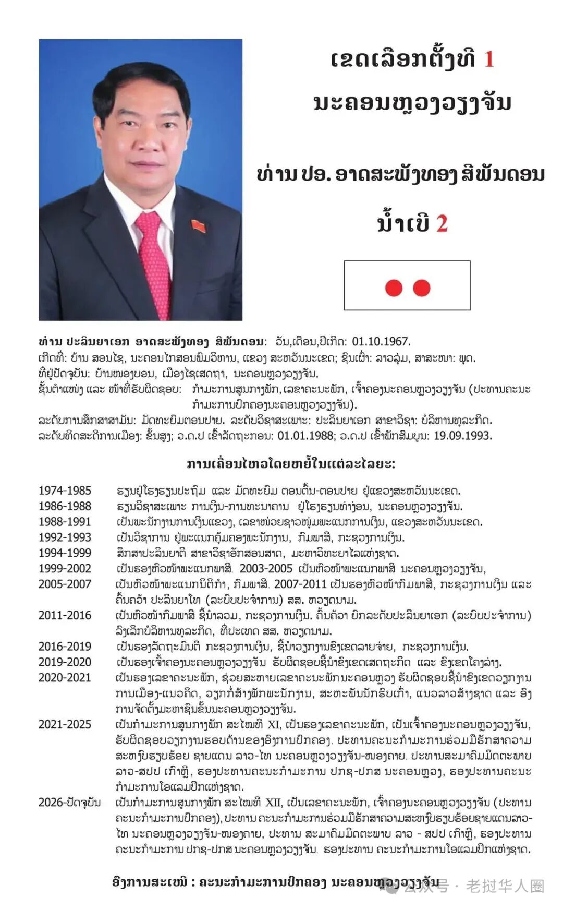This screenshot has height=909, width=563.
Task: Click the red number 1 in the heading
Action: click(488, 59)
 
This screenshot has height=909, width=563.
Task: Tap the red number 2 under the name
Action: click(442, 223)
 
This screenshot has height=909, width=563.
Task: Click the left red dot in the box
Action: click(394, 288)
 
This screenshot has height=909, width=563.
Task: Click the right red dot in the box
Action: click(421, 288)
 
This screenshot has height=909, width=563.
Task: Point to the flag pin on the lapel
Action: click(198, 225)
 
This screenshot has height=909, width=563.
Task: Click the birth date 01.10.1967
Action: click(381, 342)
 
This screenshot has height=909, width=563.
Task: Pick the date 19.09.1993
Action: click(462, 436)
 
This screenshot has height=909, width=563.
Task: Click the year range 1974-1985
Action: click(65, 491)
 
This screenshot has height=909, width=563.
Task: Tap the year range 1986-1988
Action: click(65, 506)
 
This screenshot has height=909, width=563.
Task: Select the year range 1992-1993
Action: click(65, 537)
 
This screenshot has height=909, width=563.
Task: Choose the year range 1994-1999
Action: click(65, 553)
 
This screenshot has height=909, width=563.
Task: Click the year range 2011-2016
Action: click(65, 615)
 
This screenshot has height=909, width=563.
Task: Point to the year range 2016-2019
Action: click(65, 647)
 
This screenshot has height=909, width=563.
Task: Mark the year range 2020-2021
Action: click(65, 678)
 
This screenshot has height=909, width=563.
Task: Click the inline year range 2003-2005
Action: click(266, 568)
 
